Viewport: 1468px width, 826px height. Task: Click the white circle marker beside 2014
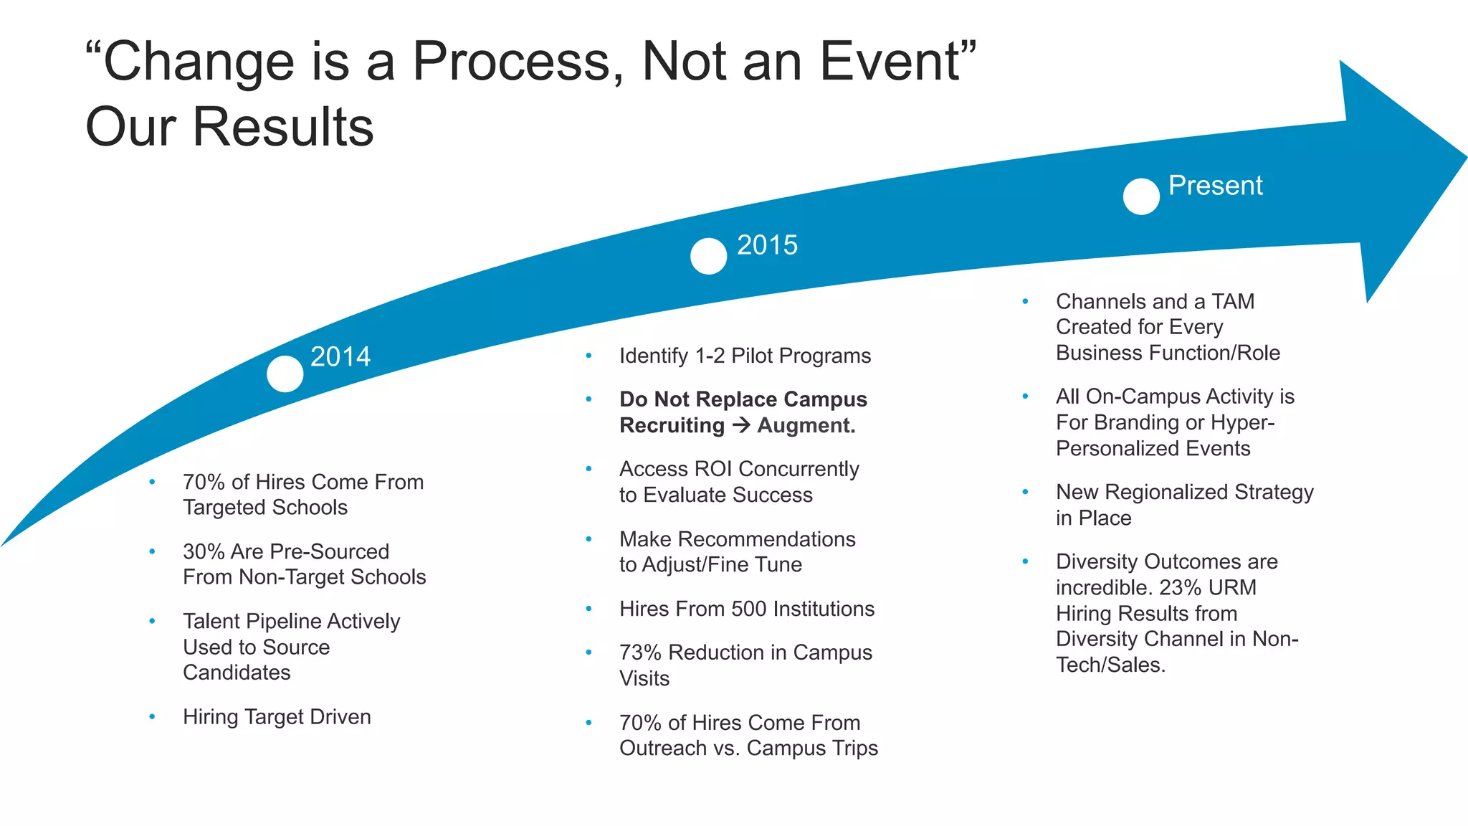coord(285,374)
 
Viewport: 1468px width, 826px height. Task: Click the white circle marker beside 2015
coord(708,256)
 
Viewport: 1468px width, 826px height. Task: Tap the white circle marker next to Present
coord(1141,196)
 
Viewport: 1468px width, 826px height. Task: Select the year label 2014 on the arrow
coord(340,356)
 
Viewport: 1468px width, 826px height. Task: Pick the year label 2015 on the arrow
coord(767,245)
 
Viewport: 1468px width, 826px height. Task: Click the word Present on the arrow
coord(1215,186)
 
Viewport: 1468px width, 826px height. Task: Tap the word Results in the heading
coord(283,127)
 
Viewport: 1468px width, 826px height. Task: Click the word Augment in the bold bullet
coord(806,425)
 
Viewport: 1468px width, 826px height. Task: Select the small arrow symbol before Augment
coord(741,425)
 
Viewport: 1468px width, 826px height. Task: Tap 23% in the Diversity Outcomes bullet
coord(1180,587)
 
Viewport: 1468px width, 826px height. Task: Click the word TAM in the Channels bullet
coord(1232,301)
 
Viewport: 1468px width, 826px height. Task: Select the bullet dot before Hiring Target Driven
coord(152,716)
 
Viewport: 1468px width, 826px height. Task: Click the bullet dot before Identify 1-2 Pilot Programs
coord(588,356)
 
